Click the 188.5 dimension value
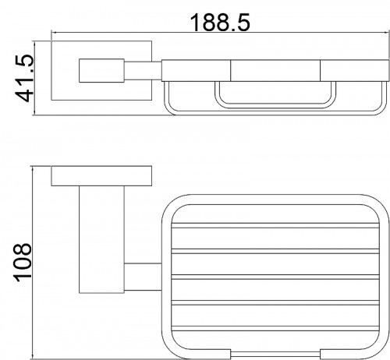pyautogui.click(x=220, y=23)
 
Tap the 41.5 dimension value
pyautogui.click(x=25, y=78)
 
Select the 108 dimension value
pyautogui.click(x=23, y=263)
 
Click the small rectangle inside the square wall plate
pyautogui.click(x=101, y=71)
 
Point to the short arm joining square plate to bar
pyautogui.click(x=143, y=71)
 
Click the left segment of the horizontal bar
pyautogui.click(x=196, y=71)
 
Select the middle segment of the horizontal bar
pyautogui.click(x=275, y=71)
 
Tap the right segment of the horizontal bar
pyautogui.click(x=355, y=71)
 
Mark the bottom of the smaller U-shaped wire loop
pyautogui.click(x=275, y=106)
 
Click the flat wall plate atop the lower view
pyautogui.click(x=101, y=176)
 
